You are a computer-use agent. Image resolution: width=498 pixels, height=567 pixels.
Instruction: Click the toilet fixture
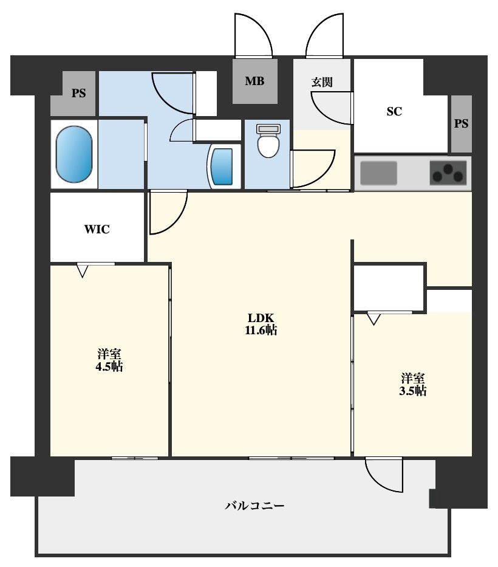[x=268, y=140]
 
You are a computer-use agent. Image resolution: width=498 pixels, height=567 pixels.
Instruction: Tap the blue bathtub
[x=74, y=154]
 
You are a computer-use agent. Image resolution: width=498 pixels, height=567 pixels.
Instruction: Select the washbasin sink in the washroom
[x=222, y=167]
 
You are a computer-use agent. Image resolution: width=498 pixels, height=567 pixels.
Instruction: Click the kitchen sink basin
[x=378, y=173]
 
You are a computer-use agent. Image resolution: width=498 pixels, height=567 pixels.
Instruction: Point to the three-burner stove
[x=448, y=173]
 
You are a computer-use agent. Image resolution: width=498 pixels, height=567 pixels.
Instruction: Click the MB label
[x=254, y=81]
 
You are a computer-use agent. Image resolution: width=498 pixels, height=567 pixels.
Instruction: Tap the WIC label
[x=97, y=229]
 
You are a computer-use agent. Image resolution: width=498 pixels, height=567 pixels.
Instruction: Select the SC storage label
[x=394, y=111]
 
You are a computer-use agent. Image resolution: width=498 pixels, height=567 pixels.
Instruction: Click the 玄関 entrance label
[x=322, y=82]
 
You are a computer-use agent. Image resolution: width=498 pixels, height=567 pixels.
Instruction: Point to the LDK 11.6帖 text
[x=261, y=324]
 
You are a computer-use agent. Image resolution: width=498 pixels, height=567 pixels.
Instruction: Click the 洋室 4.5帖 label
[x=109, y=360]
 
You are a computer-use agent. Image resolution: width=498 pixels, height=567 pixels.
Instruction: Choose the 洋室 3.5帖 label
[x=413, y=385]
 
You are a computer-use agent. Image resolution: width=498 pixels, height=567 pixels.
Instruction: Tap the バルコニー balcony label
[x=255, y=505]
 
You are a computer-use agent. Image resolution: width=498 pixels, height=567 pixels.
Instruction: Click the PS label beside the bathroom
[x=78, y=94]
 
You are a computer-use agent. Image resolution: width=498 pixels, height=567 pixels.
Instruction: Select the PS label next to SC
[x=461, y=123]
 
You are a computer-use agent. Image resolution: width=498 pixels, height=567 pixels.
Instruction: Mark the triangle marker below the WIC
[x=83, y=271]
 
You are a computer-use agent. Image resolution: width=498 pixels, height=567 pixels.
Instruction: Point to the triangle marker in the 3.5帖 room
[x=373, y=319]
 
